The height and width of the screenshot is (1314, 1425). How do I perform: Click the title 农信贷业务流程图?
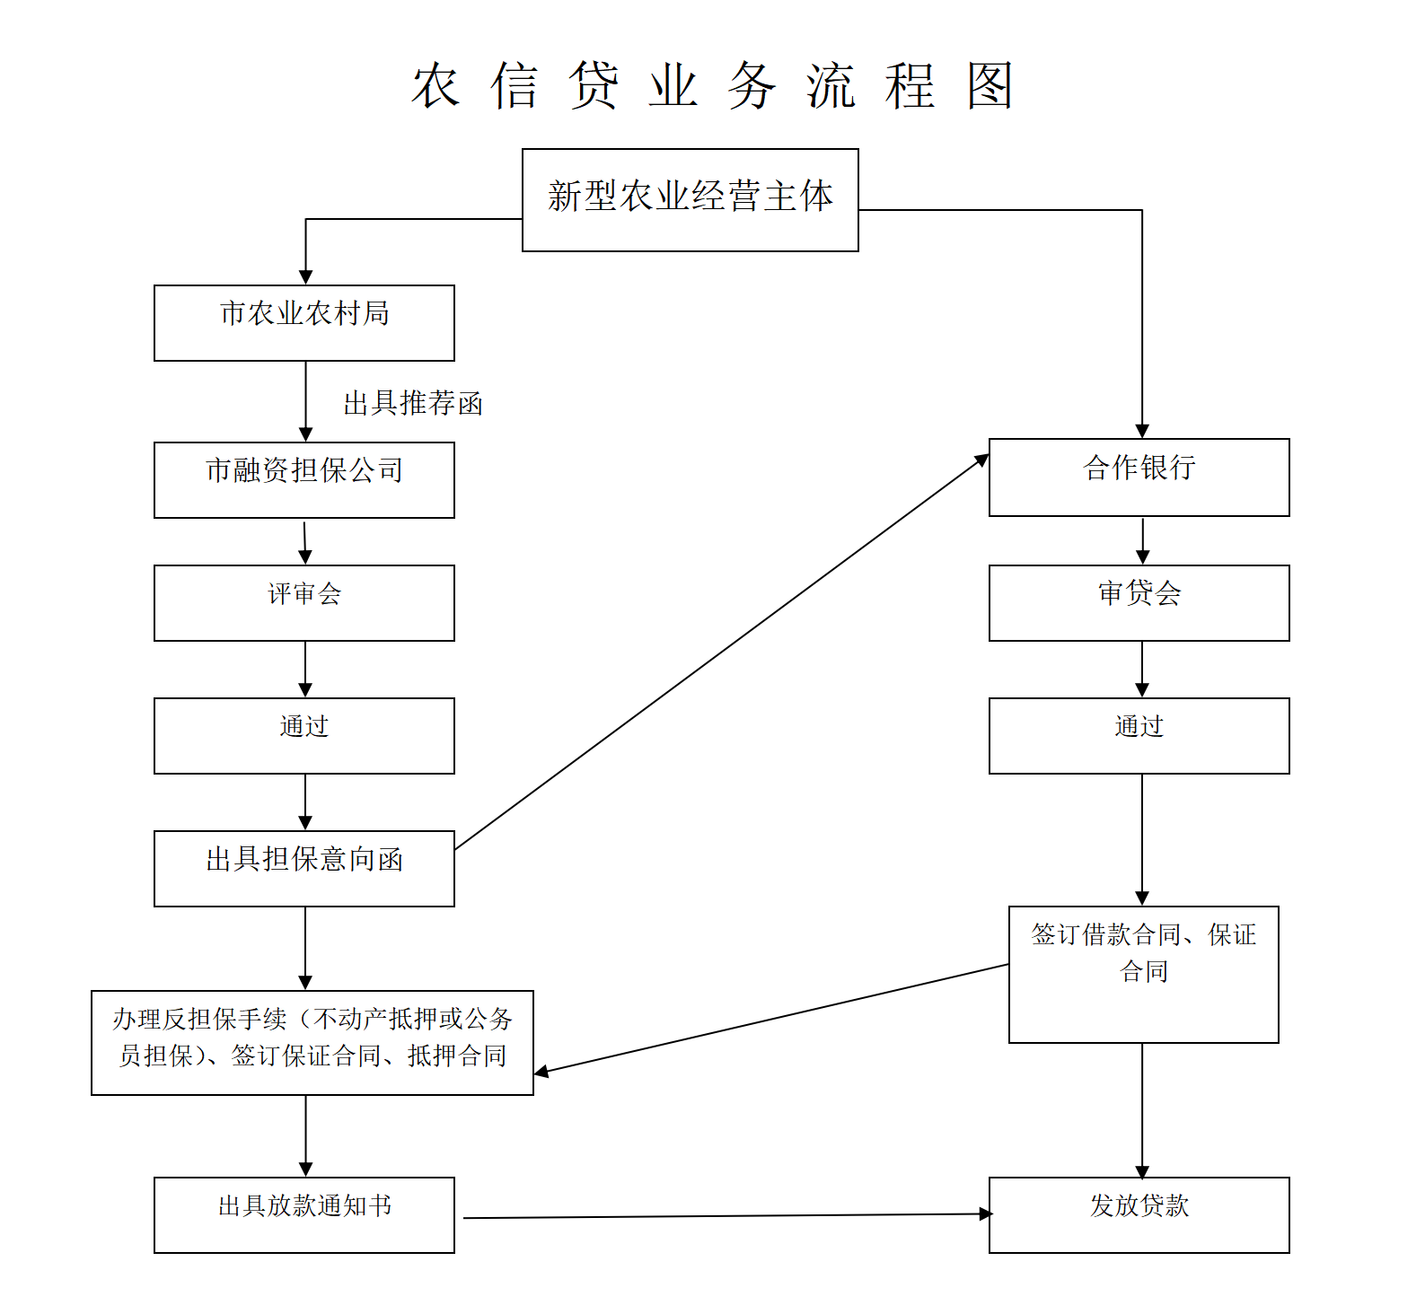coord(712,86)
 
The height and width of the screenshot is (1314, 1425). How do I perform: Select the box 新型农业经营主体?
coord(690,199)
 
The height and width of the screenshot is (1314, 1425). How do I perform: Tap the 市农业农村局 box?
coord(303,322)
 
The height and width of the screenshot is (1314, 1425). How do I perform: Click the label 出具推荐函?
coord(413,403)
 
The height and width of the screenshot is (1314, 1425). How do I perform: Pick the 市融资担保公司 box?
coord(303,479)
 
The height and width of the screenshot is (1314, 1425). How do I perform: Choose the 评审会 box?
coord(303,602)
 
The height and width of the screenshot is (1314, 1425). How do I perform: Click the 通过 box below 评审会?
coord(303,735)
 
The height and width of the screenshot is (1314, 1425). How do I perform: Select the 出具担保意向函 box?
coord(303,868)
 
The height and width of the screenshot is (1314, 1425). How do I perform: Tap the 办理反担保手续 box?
coord(312,1042)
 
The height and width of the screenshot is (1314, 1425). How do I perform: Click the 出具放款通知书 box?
coord(303,1214)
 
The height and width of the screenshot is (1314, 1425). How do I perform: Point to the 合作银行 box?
coord(1139,477)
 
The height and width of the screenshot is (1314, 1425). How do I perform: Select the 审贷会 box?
coord(1139,602)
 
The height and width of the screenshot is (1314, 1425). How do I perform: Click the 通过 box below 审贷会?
coord(1139,735)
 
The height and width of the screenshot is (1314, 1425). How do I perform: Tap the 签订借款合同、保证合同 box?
coord(1143,974)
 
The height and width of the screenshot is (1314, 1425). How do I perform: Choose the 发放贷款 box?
coord(1139,1214)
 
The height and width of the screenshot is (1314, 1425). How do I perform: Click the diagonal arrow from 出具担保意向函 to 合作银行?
coord(721,652)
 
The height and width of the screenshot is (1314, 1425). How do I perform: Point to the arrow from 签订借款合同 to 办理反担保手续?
coord(772,1019)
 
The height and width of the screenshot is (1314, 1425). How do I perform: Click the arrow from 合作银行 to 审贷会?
coord(1142,540)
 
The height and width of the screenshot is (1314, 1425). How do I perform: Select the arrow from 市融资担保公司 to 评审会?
coord(305,541)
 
